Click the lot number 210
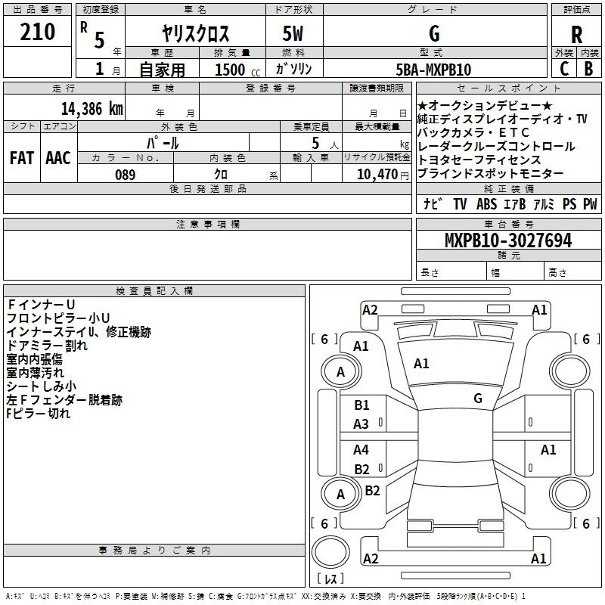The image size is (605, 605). click(37, 32)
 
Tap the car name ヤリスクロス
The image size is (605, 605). click(195, 33)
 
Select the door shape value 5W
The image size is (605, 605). click(293, 33)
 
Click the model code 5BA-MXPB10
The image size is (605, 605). click(433, 70)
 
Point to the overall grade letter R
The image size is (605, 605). click(576, 35)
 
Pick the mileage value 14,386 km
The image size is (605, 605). click(92, 109)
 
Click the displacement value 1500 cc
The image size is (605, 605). click(237, 70)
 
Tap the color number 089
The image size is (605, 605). click(126, 175)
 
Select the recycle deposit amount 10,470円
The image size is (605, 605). click(383, 175)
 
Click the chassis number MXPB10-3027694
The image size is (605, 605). click(508, 240)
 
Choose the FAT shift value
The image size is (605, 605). click(22, 158)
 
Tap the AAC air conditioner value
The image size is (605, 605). click(58, 158)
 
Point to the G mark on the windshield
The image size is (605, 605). click(478, 399)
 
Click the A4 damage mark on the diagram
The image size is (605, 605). click(361, 449)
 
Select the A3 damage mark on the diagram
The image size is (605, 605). click(361, 424)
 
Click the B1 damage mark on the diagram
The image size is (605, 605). click(361, 405)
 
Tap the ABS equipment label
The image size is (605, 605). click(486, 203)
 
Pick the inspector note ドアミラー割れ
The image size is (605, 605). click(47, 346)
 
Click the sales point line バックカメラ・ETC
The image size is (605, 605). click(473, 132)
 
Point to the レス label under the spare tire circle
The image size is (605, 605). click(330, 579)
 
